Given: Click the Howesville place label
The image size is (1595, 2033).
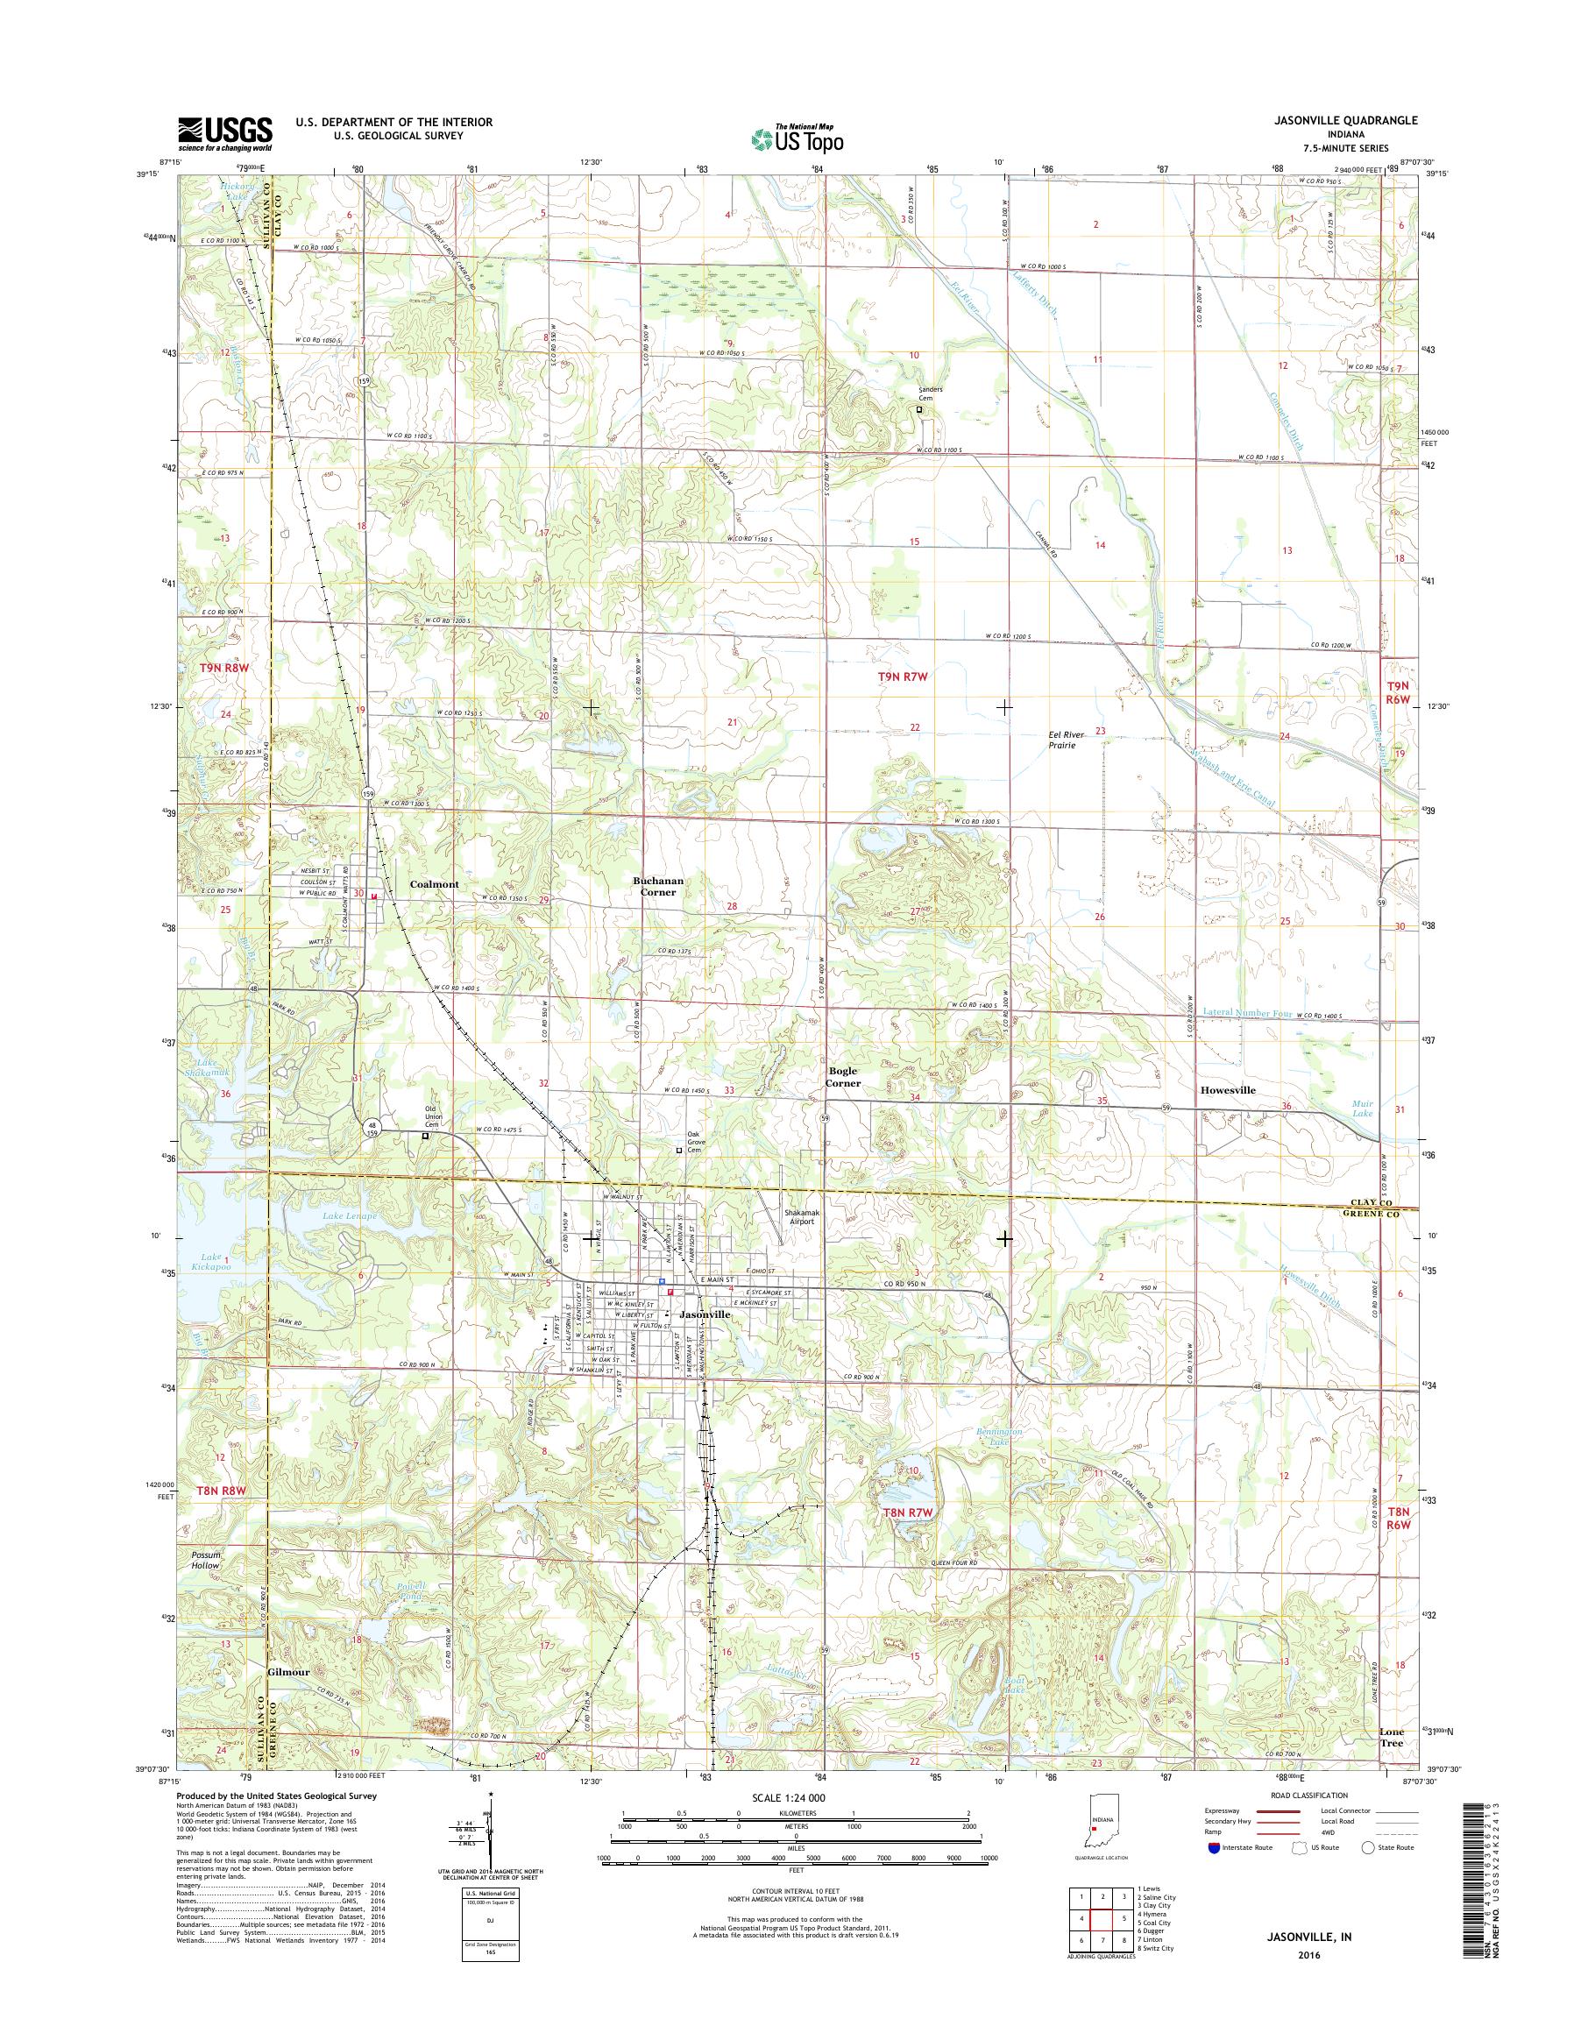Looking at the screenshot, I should [1227, 1090].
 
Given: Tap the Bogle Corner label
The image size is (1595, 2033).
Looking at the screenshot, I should [842, 1078].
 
